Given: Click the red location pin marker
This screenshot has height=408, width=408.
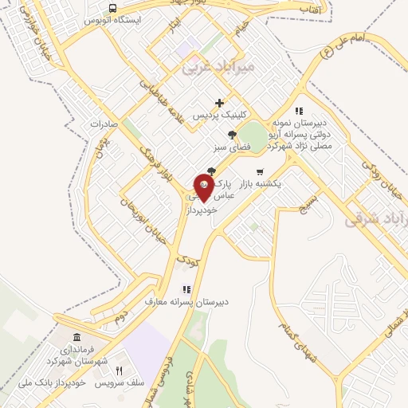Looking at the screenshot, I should [x=203, y=189].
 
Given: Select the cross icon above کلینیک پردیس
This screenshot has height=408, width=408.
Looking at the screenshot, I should [x=220, y=102].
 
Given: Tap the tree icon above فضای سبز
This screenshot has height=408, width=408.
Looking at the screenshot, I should [x=231, y=135].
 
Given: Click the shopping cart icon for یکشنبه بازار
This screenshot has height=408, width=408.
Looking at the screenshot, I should [x=259, y=171].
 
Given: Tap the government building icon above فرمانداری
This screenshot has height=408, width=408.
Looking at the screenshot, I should [x=76, y=338].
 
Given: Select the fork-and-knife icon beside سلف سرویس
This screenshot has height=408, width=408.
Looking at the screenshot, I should [x=120, y=371].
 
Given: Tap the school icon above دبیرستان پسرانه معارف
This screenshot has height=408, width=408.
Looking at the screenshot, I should [x=186, y=289].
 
